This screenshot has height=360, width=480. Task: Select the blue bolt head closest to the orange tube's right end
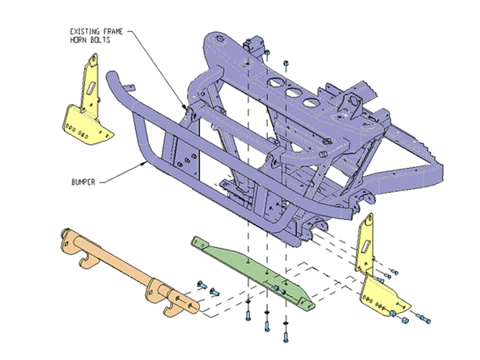pyautogui.click(x=201, y=286)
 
